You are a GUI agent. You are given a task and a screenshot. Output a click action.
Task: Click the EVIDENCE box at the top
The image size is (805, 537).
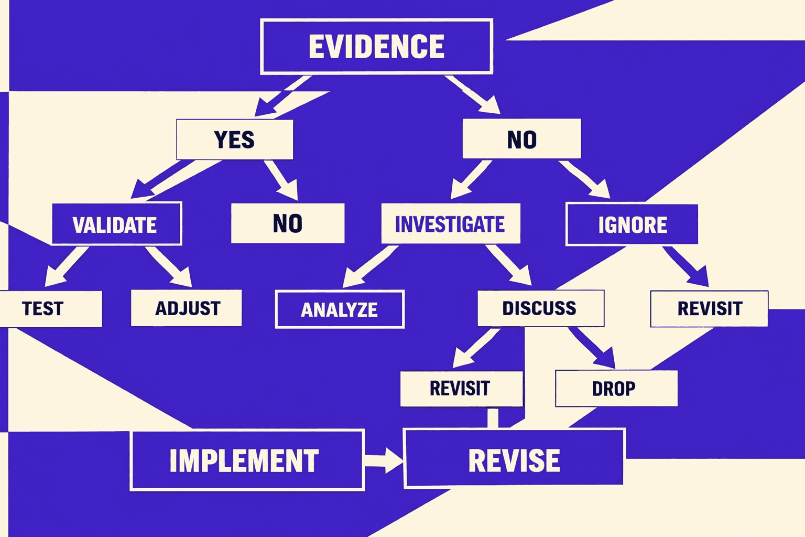(376, 47)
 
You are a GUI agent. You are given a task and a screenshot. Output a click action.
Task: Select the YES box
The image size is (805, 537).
(234, 139)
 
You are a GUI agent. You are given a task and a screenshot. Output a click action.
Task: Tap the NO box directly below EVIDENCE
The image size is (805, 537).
(521, 139)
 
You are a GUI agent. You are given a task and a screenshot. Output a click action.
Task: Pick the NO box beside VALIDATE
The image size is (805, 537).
(288, 223)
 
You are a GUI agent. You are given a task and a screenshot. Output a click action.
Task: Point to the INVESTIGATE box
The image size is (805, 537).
(450, 224)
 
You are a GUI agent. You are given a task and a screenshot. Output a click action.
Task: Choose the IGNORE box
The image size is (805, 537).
(632, 224)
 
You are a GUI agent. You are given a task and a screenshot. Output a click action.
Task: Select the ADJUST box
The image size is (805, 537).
(187, 308)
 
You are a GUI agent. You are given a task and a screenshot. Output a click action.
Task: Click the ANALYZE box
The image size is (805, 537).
(340, 309)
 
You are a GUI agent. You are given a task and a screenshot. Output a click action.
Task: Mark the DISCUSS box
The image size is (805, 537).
(540, 308)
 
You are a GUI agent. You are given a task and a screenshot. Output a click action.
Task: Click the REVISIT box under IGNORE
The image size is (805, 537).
(709, 309)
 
